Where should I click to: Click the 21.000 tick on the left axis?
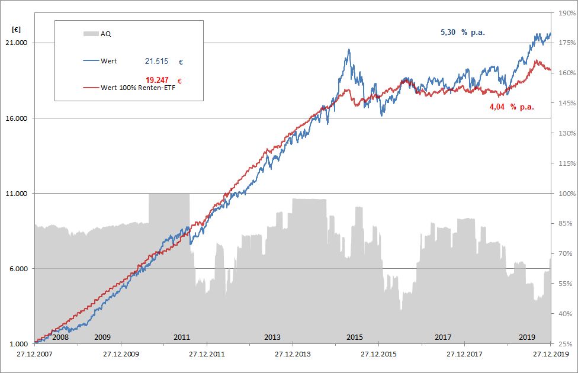click(17, 43)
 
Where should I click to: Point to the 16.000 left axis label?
click(17, 118)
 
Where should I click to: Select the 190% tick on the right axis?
click(565, 12)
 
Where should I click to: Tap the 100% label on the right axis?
click(565, 194)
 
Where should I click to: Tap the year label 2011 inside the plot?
click(182, 337)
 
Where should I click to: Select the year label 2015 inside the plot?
click(354, 337)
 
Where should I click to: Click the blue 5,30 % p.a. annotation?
click(463, 33)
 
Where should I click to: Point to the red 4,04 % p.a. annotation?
click(512, 107)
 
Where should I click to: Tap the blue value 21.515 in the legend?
click(157, 61)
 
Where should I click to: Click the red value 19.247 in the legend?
click(158, 79)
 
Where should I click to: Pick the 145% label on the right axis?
click(565, 103)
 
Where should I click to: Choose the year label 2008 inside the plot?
click(60, 337)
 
